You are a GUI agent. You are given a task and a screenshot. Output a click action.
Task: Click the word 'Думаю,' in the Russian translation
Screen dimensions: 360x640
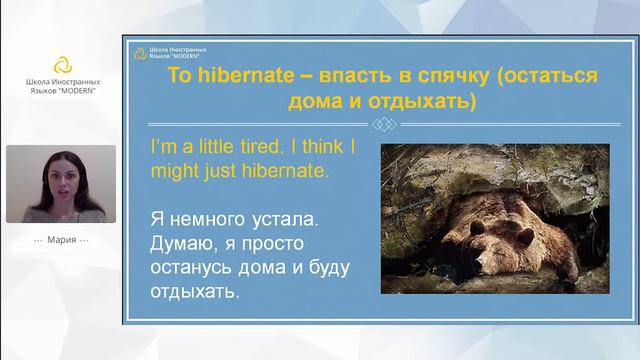pos(183,243)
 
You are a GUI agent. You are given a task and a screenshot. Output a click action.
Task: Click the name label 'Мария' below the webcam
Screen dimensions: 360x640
pos(62,241)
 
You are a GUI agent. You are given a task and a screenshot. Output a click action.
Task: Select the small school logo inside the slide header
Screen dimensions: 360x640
pos(139,52)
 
